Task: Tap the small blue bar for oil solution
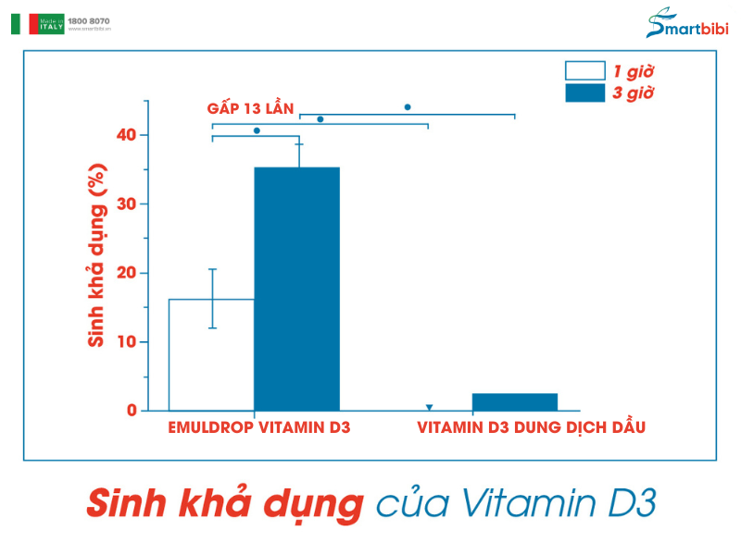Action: point(514,401)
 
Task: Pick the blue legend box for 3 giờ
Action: point(584,93)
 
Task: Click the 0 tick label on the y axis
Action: point(132,411)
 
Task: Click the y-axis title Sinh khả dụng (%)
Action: point(95,255)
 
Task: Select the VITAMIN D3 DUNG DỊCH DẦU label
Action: point(531,427)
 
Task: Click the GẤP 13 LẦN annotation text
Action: point(250,109)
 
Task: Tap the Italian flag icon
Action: point(22,24)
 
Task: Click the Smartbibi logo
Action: point(686,26)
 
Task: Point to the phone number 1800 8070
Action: point(88,19)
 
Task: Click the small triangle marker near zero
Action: point(429,407)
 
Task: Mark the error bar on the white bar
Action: point(212,298)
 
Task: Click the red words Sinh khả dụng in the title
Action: point(223,504)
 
